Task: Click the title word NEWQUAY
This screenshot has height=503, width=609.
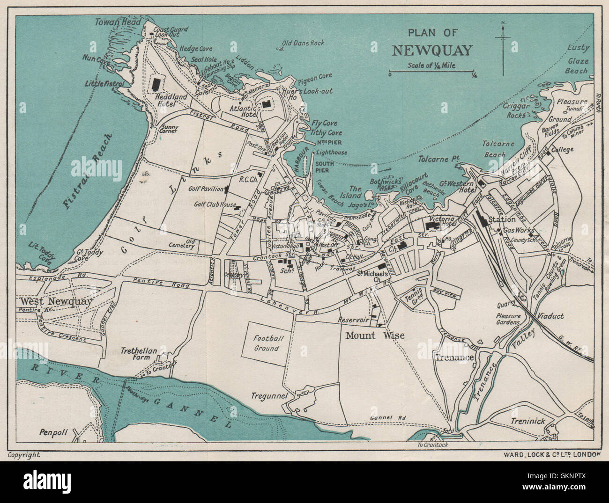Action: pos(432,50)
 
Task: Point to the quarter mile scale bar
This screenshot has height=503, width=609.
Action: pos(432,73)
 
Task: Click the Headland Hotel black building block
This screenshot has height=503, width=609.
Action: pos(156,84)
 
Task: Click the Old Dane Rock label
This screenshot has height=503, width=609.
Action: pos(303,43)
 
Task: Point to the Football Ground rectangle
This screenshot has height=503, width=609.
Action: pos(267,343)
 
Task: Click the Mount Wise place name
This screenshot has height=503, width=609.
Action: pos(375,335)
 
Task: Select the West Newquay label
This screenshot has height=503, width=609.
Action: pos(56,301)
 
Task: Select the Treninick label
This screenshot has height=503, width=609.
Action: pos(528,421)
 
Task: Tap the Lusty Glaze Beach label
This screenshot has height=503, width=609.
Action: pos(577,59)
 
